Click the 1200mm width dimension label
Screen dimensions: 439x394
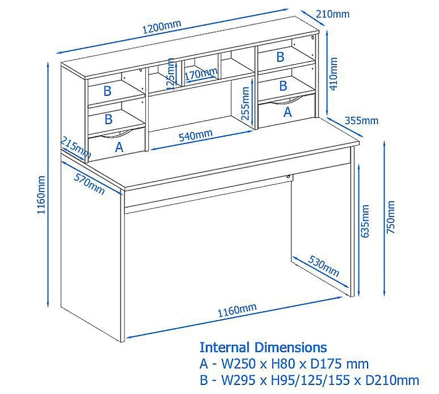(x=163, y=26)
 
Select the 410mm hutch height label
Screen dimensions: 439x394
(x=334, y=73)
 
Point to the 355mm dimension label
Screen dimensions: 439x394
(x=361, y=121)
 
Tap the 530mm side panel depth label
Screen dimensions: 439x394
(x=324, y=265)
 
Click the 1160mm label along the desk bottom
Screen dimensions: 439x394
(x=236, y=311)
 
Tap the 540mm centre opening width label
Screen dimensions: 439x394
(x=195, y=136)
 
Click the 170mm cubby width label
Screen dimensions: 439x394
(x=201, y=73)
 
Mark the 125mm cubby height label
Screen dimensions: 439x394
(x=170, y=74)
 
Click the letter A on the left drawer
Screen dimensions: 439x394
(x=119, y=147)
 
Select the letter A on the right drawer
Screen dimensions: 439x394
(x=288, y=112)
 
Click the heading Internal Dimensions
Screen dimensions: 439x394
(x=263, y=347)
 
